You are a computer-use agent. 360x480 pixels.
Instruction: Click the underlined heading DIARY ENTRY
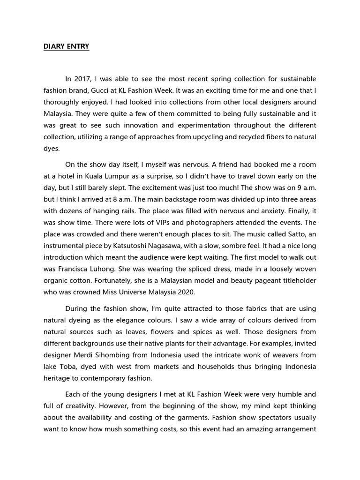66,46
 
